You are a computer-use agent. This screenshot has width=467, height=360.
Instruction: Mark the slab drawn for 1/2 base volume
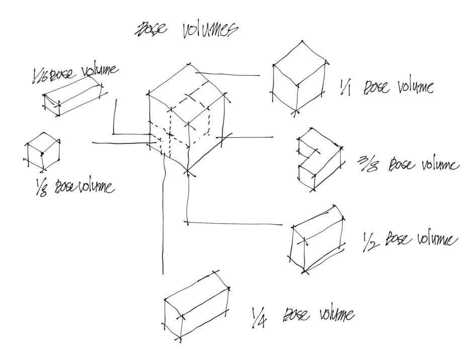click(x=317, y=239)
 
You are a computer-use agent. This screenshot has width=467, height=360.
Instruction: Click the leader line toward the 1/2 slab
click(x=237, y=222)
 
